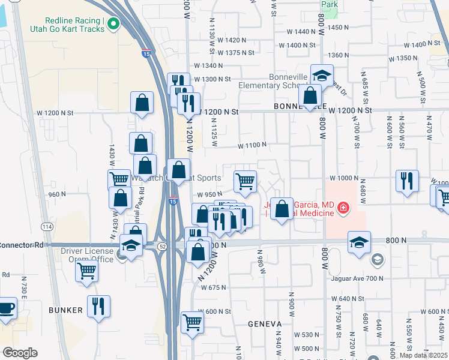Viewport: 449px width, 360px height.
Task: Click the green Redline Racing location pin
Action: [113, 24]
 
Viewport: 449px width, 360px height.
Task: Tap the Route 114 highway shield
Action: [47, 226]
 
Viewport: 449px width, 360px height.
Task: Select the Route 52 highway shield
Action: [162, 246]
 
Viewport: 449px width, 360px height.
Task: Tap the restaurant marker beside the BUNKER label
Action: [98, 306]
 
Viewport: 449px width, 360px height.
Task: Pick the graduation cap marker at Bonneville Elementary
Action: [322, 76]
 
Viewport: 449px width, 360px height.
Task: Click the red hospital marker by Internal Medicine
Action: [343, 208]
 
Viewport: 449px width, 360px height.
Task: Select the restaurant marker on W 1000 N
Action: [407, 181]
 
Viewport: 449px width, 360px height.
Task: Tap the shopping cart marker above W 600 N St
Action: [192, 322]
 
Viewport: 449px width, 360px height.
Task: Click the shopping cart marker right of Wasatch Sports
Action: [245, 181]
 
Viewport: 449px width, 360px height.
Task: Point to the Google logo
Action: [19, 353]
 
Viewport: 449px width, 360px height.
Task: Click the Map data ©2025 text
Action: [424, 355]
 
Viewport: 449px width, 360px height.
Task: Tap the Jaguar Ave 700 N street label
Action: [356, 278]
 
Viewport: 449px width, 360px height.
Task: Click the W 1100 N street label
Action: [252, 145]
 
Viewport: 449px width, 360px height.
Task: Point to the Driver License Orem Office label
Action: [86, 254]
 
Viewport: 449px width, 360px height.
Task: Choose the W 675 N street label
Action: [213, 287]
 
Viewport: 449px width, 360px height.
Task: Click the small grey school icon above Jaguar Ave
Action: [377, 259]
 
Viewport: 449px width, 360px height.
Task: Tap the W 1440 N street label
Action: [301, 31]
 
